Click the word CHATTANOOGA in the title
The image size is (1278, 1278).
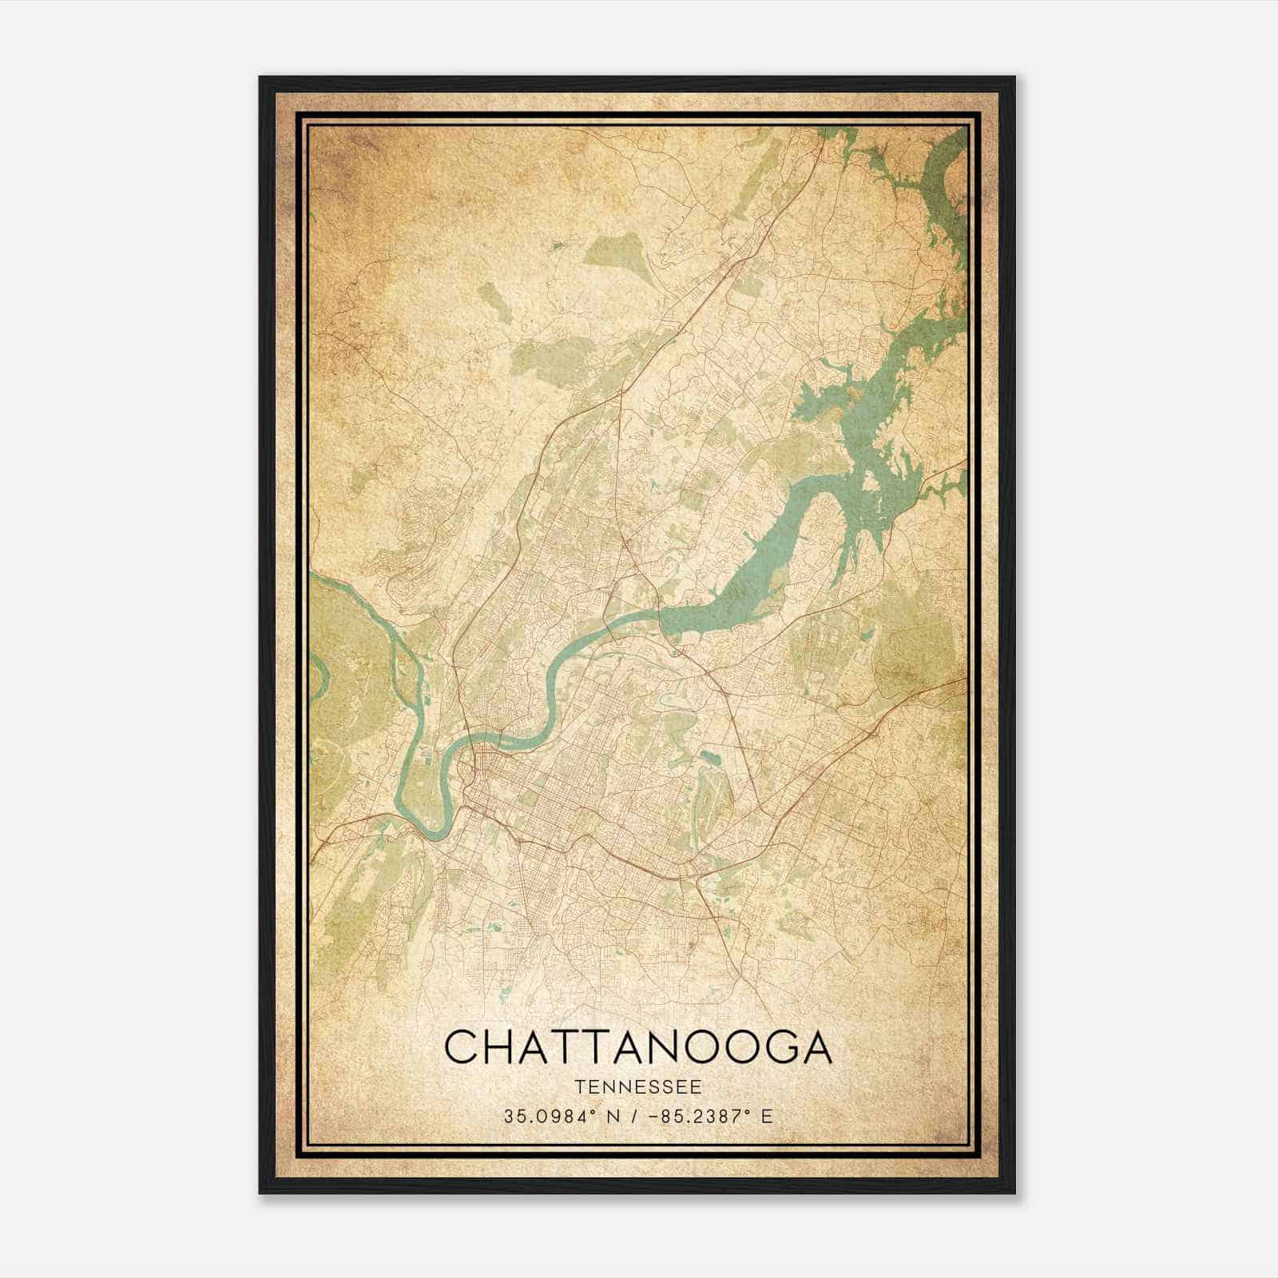point(637,1047)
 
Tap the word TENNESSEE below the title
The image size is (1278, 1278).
point(637,1087)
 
